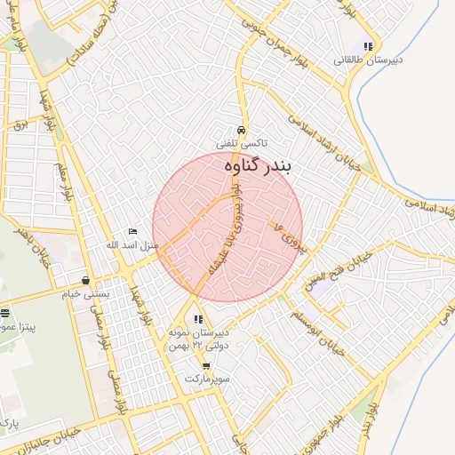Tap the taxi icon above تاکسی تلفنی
242,130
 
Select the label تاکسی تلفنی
242,143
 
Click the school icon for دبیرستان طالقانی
368,47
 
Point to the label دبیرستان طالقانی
368,60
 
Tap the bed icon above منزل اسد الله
132,232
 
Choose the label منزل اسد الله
132,245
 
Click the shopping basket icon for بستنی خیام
85,281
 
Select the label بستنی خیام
85,294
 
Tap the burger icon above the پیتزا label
5,313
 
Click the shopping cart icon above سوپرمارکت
206,365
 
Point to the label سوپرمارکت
207,379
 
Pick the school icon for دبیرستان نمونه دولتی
198,319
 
